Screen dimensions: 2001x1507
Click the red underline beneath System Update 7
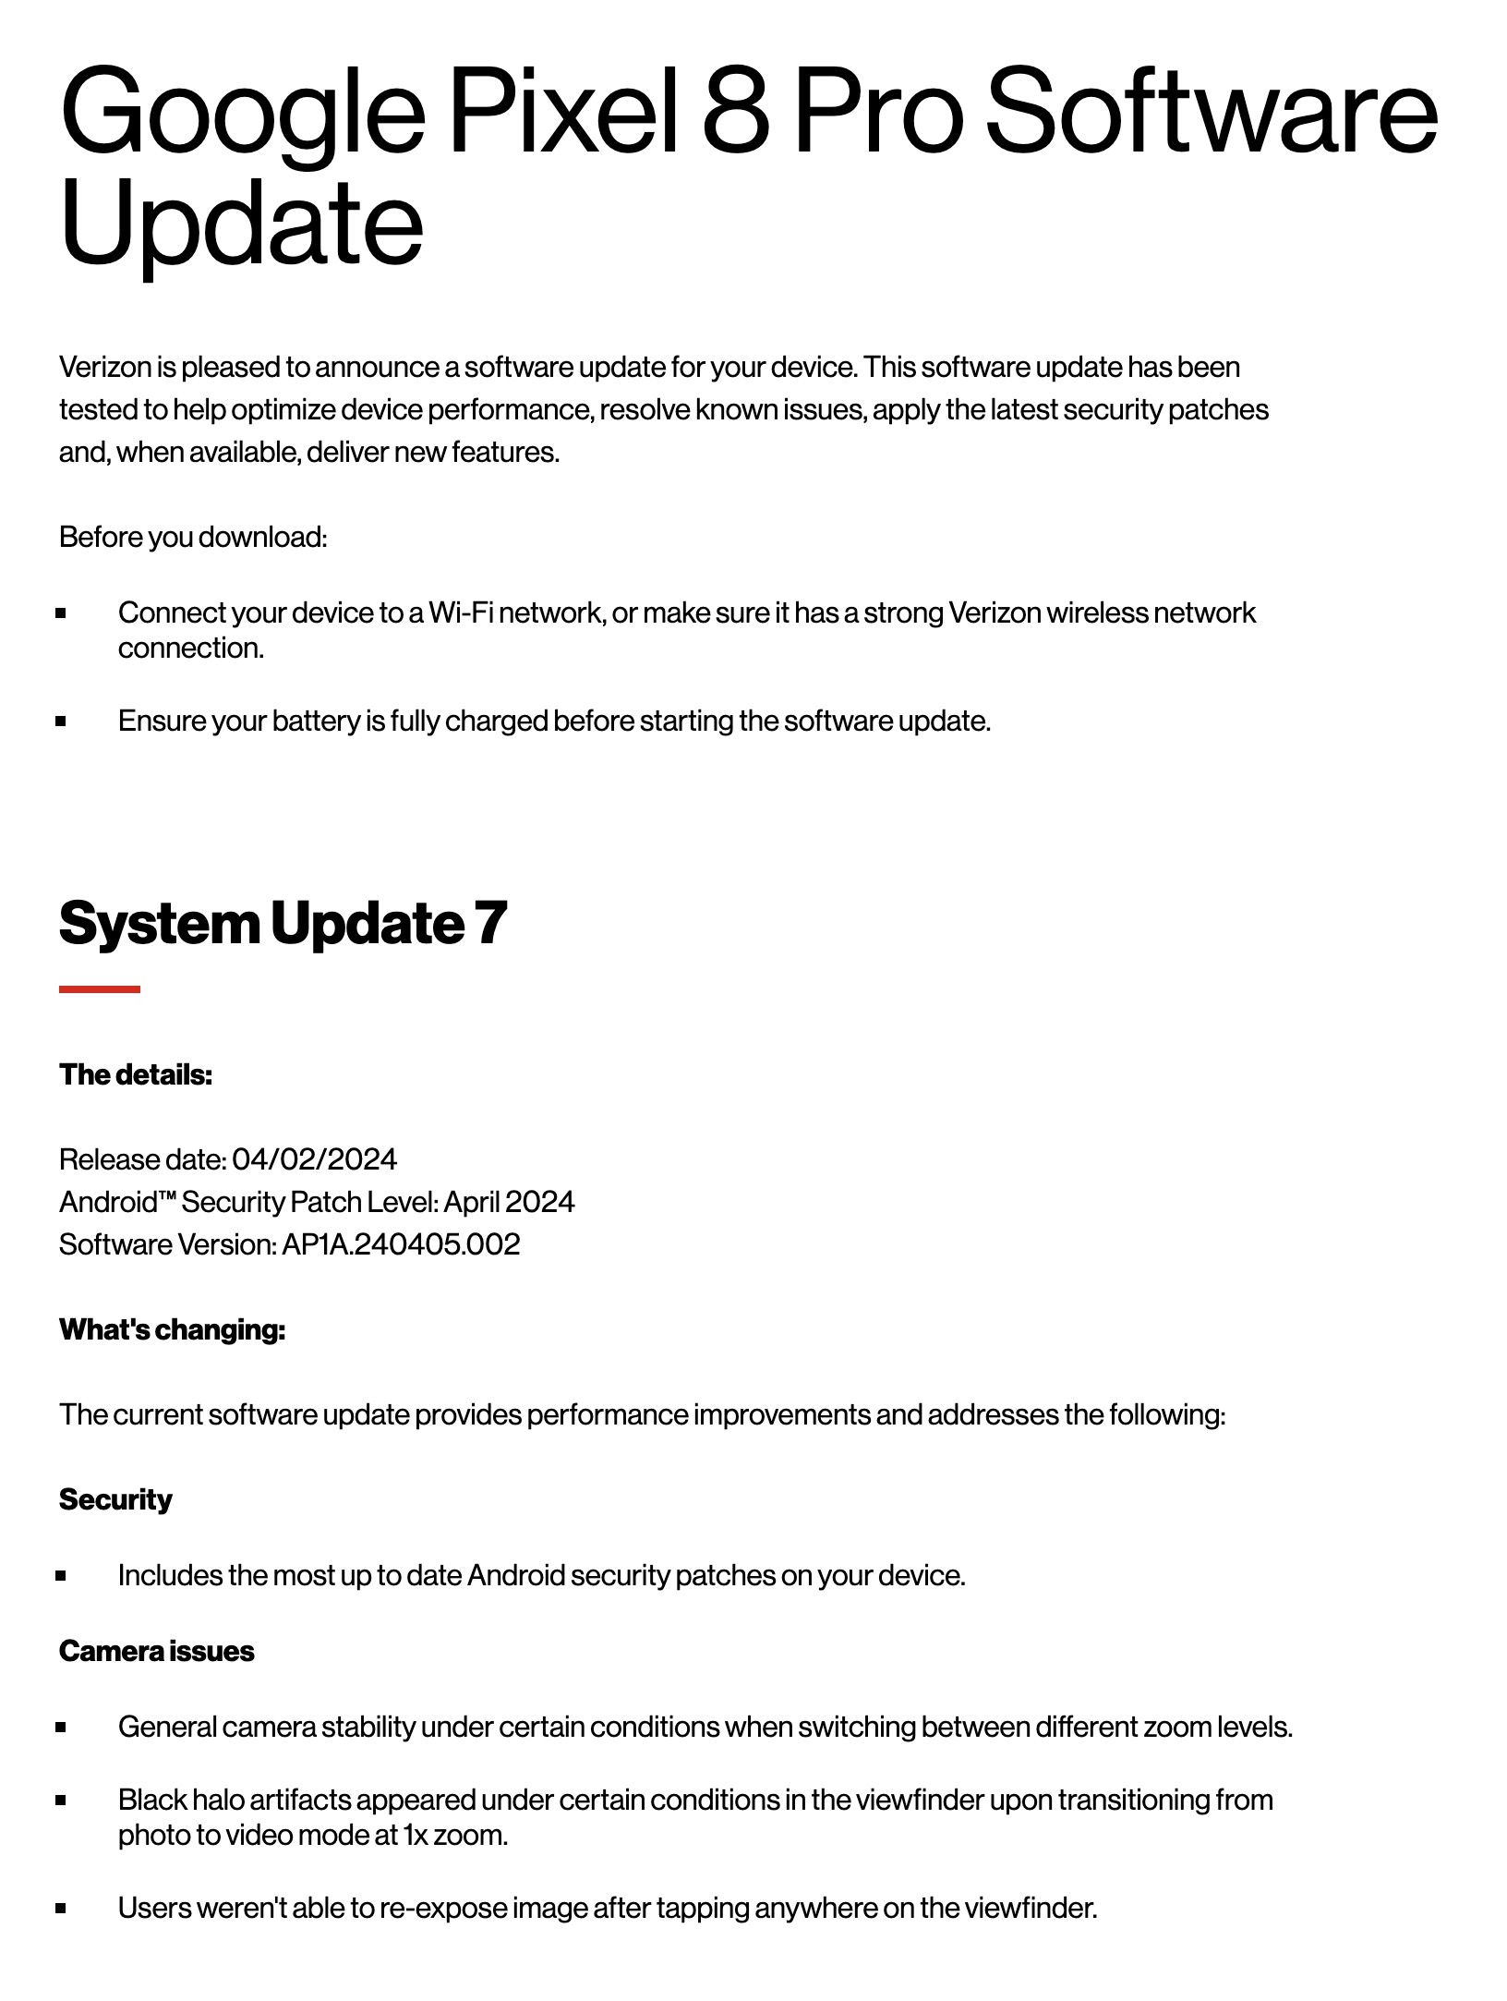click(x=100, y=989)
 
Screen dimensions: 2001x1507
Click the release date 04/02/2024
click(x=314, y=1159)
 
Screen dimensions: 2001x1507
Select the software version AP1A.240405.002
click(x=401, y=1244)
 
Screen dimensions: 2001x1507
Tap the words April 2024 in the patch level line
click(x=509, y=1202)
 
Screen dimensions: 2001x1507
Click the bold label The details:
click(x=136, y=1074)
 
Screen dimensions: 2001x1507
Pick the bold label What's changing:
click(x=172, y=1329)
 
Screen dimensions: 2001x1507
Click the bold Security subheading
click(x=115, y=1499)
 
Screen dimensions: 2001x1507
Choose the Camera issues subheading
click(x=156, y=1651)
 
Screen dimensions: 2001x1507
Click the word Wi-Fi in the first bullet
click(x=460, y=612)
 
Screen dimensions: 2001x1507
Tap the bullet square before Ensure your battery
click(x=61, y=722)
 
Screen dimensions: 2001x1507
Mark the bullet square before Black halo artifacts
click(x=61, y=1801)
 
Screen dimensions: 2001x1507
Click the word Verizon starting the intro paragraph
click(x=105, y=367)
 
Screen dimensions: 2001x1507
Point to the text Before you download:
click(x=193, y=537)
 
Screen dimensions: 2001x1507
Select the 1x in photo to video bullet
click(x=415, y=1835)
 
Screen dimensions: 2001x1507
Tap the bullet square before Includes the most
click(x=61, y=1576)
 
